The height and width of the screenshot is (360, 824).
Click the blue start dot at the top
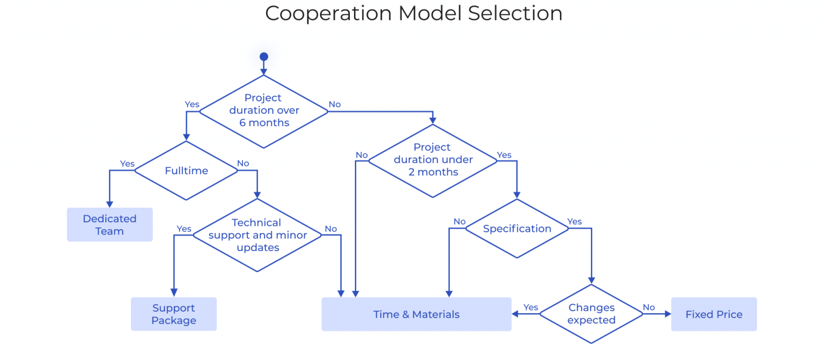[x=263, y=56]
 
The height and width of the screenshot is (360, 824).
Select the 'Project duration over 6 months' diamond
[x=263, y=111]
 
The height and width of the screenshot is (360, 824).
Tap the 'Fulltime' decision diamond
[x=186, y=171]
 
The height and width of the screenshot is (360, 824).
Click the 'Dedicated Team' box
[x=110, y=225]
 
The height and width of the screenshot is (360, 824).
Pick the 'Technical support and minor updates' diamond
[x=257, y=235]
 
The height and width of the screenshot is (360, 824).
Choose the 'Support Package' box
[x=174, y=314]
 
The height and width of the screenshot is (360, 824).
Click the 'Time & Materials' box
[x=416, y=314]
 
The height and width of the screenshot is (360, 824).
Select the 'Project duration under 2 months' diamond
[x=433, y=160]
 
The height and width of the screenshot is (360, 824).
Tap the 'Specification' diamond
[x=517, y=229]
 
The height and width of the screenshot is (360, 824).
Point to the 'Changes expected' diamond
[x=591, y=314]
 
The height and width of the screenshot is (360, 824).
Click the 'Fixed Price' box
[x=713, y=314]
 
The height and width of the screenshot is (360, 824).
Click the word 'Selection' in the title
[x=515, y=13]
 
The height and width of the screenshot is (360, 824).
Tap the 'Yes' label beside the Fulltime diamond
[x=127, y=164]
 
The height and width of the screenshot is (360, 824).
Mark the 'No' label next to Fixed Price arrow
[x=649, y=307]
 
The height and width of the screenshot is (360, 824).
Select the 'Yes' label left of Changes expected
[x=531, y=307]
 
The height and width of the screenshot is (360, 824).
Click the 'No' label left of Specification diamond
[x=459, y=222]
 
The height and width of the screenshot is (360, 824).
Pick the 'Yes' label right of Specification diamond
[x=575, y=222]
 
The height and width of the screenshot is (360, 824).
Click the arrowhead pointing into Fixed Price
[x=667, y=314]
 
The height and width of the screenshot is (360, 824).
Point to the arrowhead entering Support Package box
[x=174, y=293]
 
